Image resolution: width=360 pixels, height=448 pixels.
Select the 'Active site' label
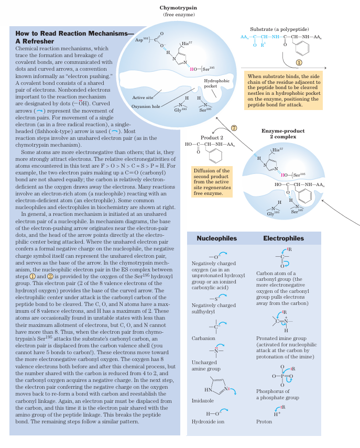pos(143,97)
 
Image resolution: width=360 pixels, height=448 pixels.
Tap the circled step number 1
pos(299,62)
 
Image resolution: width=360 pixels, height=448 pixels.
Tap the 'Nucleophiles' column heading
pos(216,238)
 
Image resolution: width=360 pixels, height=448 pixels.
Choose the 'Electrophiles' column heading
pos(283,238)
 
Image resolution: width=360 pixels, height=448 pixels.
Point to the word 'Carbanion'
pos(203,338)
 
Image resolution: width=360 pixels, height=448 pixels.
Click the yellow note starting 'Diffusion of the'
pos(211,182)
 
